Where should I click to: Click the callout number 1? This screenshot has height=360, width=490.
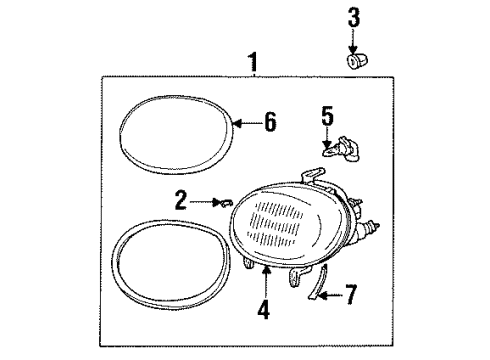[x=252, y=62]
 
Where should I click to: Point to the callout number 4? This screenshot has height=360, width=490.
[x=264, y=309]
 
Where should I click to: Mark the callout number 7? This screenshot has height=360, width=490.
[x=349, y=296]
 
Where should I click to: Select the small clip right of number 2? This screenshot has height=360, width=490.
[x=227, y=204]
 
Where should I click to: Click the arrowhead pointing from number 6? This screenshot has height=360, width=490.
[x=236, y=123]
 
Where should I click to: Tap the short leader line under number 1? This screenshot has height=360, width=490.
[x=252, y=76]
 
